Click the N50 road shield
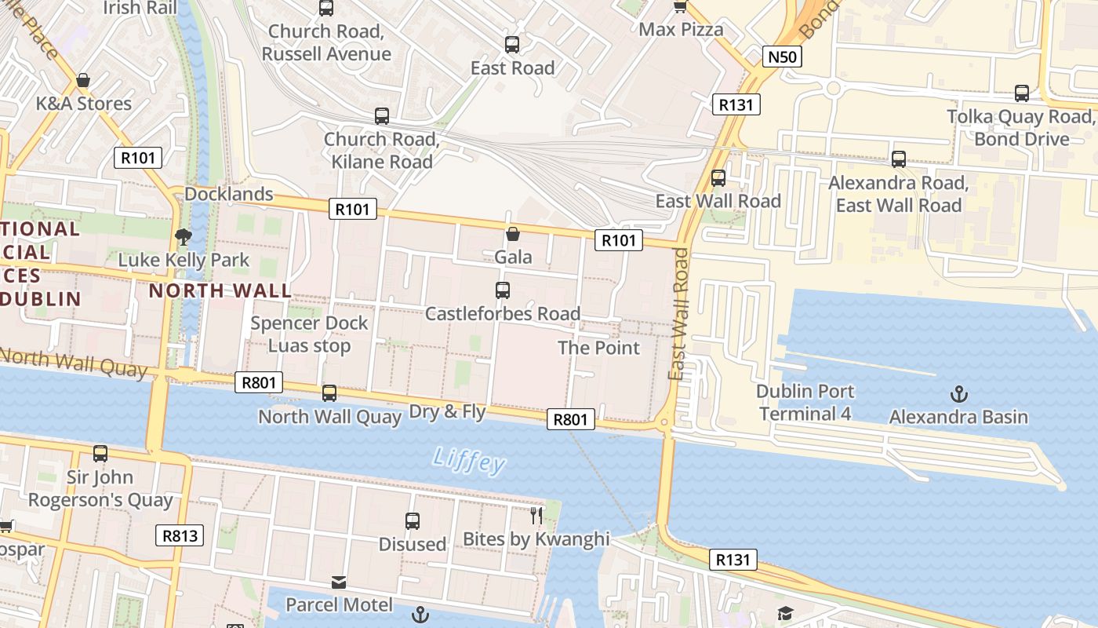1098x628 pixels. point(782,56)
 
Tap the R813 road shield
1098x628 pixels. point(179,536)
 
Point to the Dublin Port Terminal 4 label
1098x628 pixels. point(805,402)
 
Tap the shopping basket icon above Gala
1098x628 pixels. point(513,234)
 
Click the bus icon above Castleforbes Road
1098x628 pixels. point(503,290)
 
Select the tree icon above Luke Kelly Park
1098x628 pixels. point(183,236)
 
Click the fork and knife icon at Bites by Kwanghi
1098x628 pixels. point(536,516)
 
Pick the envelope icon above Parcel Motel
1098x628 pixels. point(339,582)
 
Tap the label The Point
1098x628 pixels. point(598,348)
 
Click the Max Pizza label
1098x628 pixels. point(681,30)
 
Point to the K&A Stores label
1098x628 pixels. point(84,104)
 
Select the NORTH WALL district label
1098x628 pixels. point(220,290)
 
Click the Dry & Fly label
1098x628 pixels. point(448,411)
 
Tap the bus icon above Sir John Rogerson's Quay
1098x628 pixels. point(100,454)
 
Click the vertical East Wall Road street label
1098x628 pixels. point(679,314)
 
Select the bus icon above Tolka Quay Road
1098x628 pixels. point(1021,93)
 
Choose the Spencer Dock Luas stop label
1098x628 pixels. point(309,334)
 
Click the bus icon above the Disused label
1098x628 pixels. point(413,521)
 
